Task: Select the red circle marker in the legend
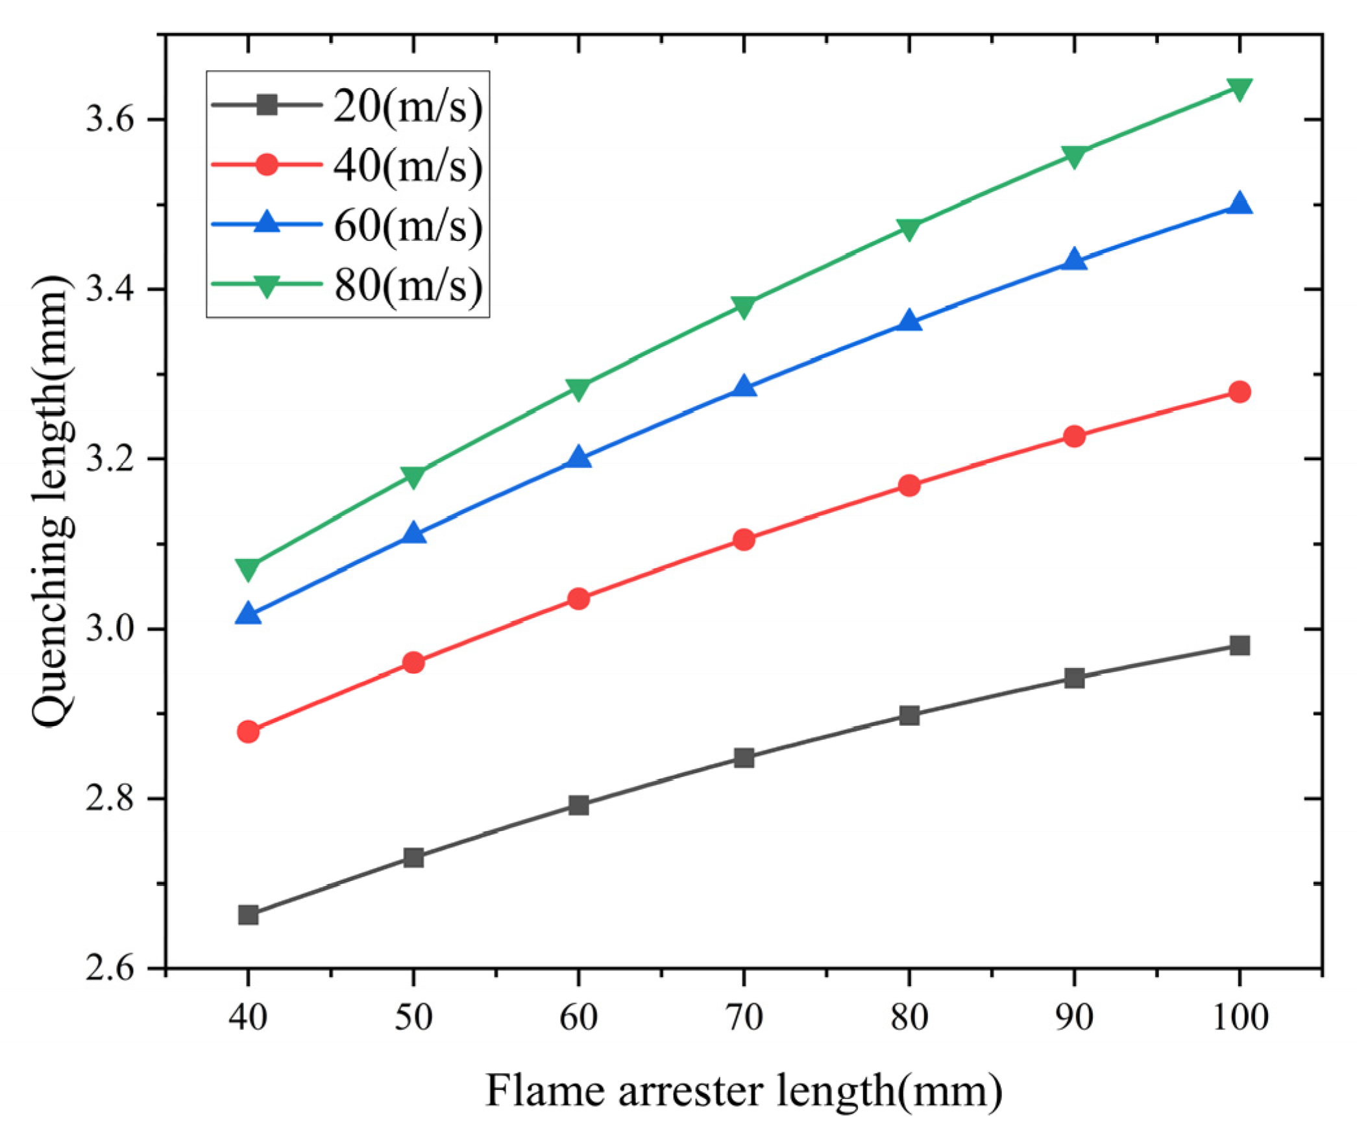267,164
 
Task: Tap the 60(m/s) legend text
408,225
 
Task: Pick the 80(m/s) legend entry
408,284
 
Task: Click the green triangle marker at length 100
1239,90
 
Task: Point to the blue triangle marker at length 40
248,614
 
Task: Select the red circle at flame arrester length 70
744,539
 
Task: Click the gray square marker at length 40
248,915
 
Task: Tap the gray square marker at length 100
1239,645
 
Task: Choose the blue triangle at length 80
909,321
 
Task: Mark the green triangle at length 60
578,389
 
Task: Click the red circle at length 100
1239,392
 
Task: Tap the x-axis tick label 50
413,1017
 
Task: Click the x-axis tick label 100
1240,1017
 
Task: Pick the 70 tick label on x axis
744,1017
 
